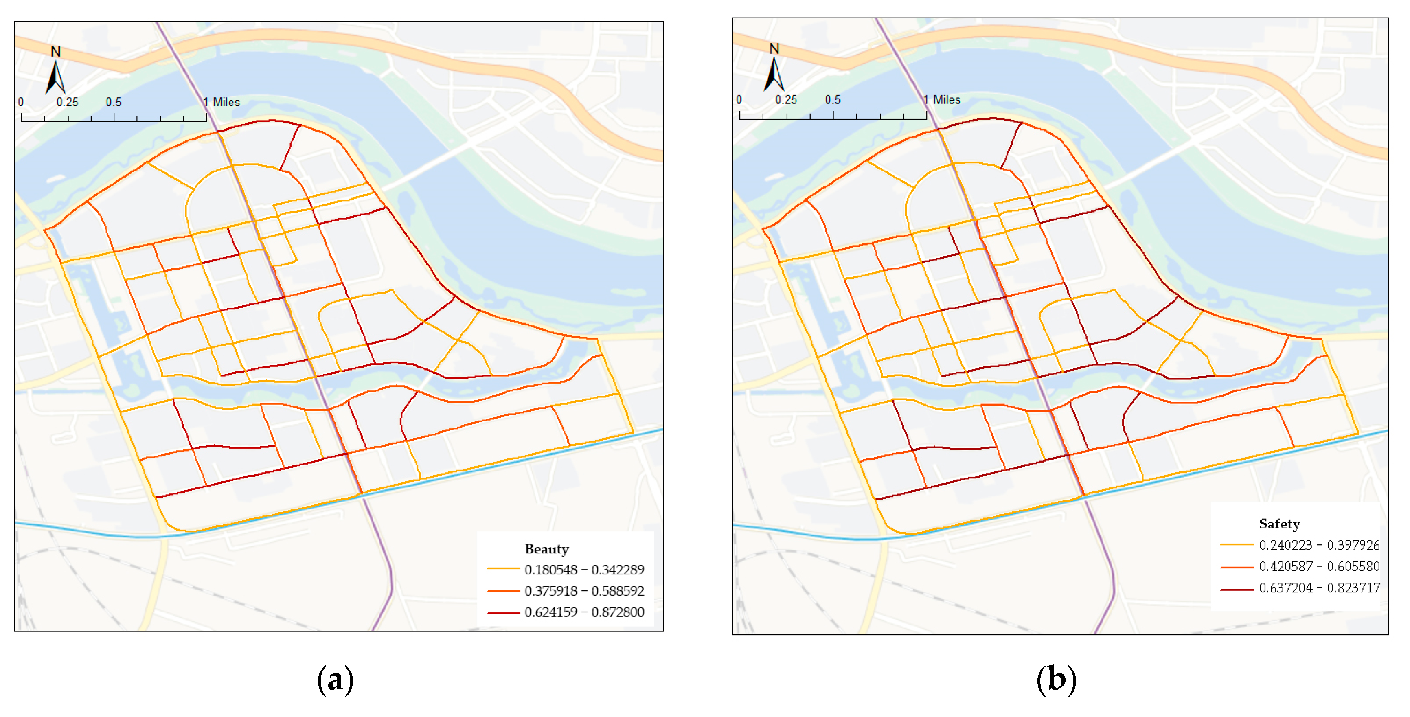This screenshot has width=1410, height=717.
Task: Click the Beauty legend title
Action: point(546,548)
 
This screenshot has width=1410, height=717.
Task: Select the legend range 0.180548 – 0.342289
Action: point(583,570)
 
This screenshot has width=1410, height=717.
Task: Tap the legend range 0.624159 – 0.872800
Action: point(583,612)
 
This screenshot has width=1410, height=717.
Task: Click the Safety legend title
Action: point(1279,524)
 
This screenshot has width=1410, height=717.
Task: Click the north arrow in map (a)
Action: point(55,78)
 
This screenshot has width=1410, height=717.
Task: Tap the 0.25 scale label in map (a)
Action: point(67,102)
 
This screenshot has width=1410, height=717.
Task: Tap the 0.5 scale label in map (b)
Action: point(833,100)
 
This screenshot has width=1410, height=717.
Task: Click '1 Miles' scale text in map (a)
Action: point(221,102)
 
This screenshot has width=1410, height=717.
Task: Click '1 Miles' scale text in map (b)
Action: point(942,100)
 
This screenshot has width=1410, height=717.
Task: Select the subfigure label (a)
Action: point(335,680)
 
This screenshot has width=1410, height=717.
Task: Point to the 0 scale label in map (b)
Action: point(739,100)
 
